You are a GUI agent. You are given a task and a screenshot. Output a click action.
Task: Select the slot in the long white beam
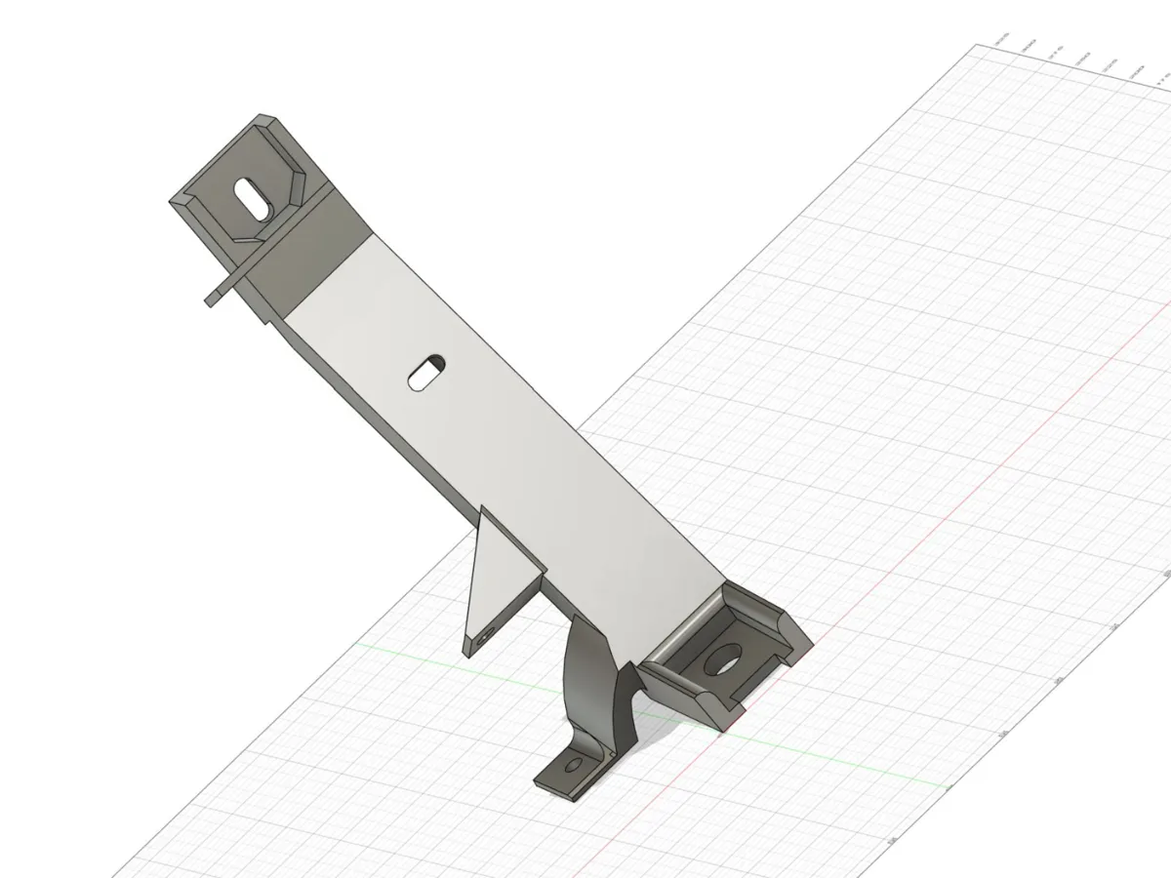tap(426, 373)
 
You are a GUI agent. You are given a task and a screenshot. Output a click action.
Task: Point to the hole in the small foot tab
tap(574, 764)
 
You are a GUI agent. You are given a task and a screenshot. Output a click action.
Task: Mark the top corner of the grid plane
tap(979, 45)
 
